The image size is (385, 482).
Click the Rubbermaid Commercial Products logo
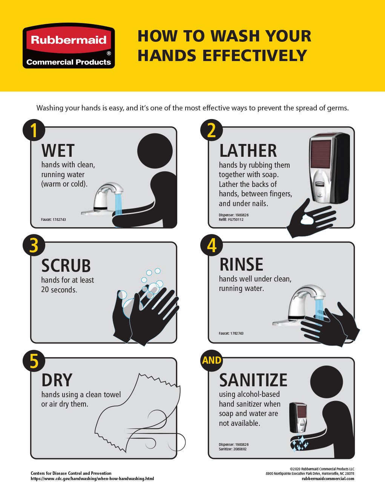click(69, 46)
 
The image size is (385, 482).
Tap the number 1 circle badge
click(34, 130)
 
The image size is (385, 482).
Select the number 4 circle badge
click(212, 245)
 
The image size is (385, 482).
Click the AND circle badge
click(212, 360)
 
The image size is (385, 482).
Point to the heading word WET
click(58, 151)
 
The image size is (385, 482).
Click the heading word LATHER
click(248, 151)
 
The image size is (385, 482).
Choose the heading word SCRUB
click(66, 266)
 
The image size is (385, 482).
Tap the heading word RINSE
click(241, 265)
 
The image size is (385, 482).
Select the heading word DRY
click(57, 380)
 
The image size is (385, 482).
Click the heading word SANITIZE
click(253, 380)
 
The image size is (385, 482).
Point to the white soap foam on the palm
click(308, 219)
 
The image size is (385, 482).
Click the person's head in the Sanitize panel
click(327, 382)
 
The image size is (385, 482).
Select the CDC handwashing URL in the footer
click(92, 478)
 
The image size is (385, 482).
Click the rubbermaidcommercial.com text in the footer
click(328, 478)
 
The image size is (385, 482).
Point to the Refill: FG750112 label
click(231, 219)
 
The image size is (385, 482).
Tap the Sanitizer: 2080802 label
click(233, 449)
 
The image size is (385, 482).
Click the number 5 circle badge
click(34, 361)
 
